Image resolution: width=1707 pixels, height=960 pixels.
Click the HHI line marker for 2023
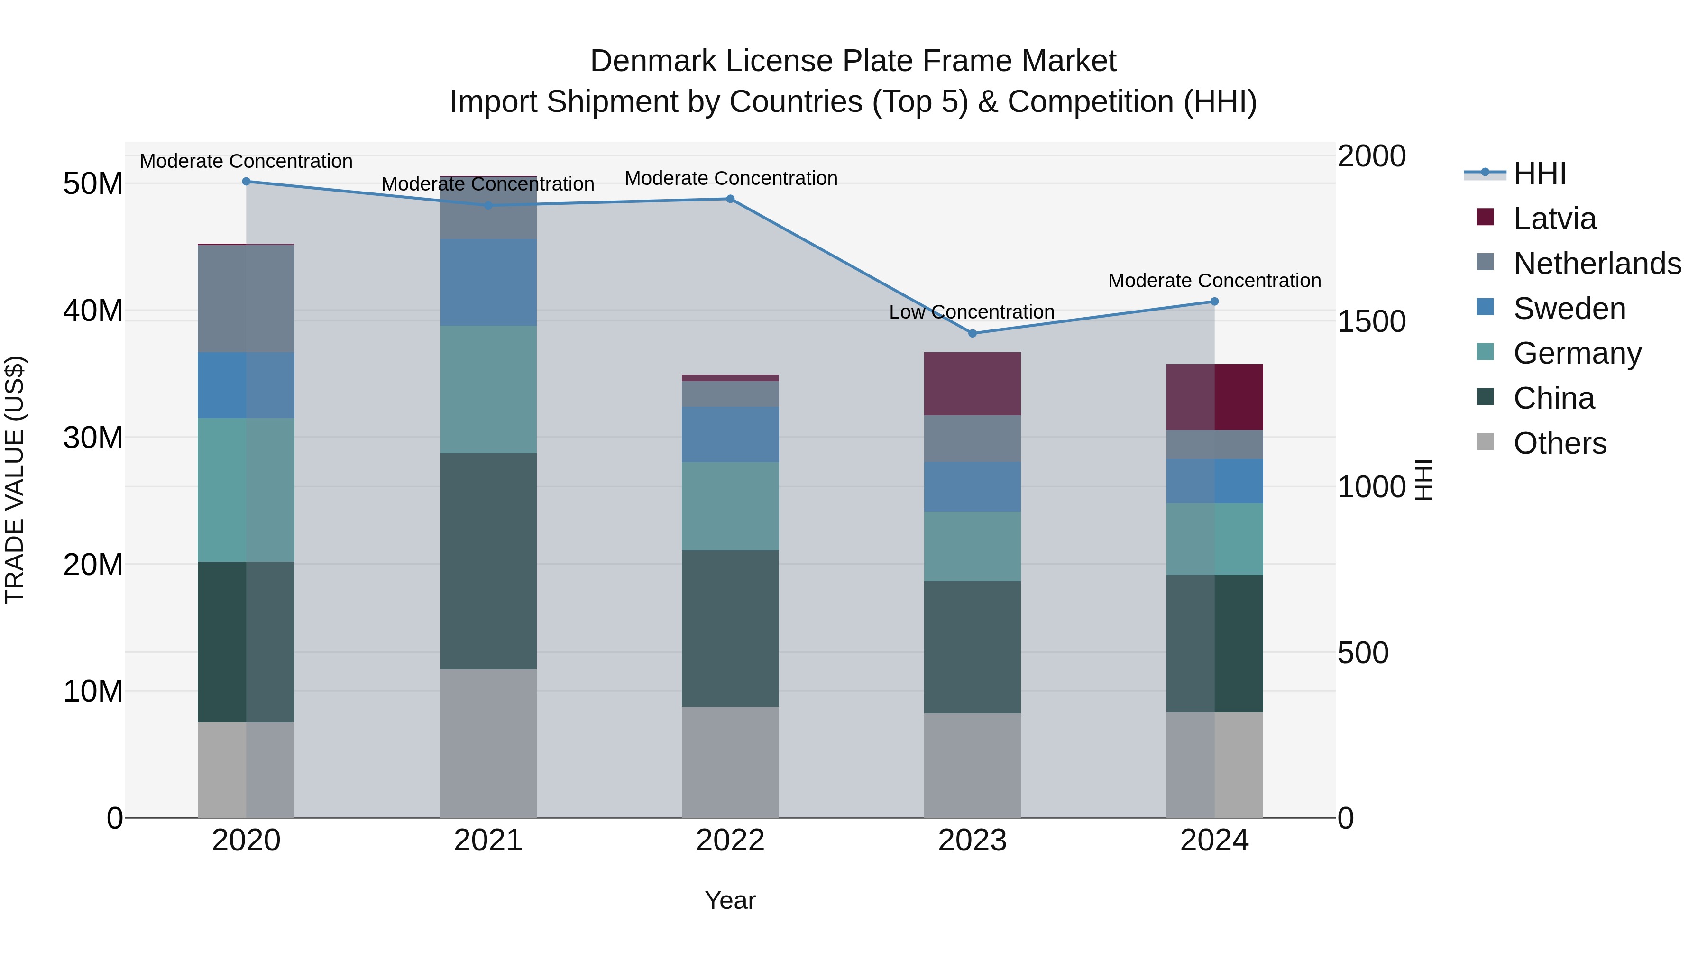click(x=972, y=333)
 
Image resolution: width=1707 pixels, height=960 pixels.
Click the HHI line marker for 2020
click(x=246, y=181)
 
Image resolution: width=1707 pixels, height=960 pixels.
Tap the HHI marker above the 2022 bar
click(x=730, y=199)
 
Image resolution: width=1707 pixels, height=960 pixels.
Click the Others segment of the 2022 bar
click(x=730, y=762)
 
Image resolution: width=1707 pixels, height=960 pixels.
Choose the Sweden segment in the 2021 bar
click(x=488, y=282)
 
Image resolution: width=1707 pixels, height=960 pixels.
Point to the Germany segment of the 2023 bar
click(x=972, y=546)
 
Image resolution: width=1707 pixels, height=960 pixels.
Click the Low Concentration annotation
click(x=972, y=312)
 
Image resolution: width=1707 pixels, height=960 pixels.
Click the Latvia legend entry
click(x=1555, y=219)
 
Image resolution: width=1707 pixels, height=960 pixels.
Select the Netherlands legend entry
click(x=1597, y=264)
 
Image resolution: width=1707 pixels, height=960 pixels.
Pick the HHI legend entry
click(x=1539, y=174)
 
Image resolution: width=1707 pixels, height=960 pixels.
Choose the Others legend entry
click(x=1560, y=443)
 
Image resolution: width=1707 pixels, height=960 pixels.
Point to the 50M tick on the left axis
click(x=93, y=183)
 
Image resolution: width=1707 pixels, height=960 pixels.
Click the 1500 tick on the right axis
click(x=1371, y=321)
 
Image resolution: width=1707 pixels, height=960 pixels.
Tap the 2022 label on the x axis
click(x=730, y=841)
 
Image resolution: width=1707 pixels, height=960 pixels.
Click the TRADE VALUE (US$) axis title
click(x=15, y=480)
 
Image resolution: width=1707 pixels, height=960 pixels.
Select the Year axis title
click(x=730, y=900)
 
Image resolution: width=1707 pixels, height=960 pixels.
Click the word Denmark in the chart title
click(x=653, y=61)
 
